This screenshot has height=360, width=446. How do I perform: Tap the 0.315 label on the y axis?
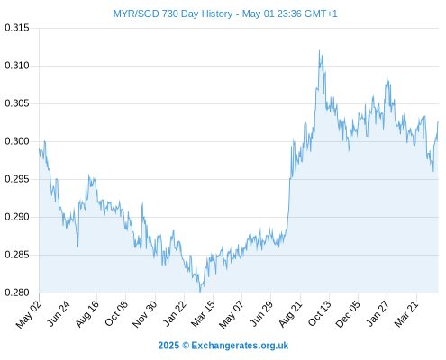tap(17, 28)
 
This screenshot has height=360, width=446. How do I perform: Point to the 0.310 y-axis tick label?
tap(17, 66)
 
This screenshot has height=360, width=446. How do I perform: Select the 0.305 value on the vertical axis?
tap(17, 103)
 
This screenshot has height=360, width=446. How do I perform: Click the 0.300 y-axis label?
tap(17, 141)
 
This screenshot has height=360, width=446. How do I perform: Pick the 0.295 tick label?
tap(17, 179)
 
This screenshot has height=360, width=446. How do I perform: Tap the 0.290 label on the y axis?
tap(17, 217)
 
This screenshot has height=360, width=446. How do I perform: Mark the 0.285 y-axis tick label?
tap(17, 255)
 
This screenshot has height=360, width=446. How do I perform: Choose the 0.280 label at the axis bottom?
tap(17, 292)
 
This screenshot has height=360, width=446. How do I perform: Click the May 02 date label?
tap(29, 314)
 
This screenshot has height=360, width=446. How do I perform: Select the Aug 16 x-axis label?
tap(87, 313)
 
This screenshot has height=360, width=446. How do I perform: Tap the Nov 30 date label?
tap(145, 314)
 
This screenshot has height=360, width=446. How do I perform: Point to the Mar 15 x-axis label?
tap(204, 313)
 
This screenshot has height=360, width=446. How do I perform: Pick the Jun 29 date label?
tap(261, 313)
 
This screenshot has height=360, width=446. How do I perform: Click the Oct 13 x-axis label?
tap(320, 313)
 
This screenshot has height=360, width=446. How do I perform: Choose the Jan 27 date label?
tap(378, 313)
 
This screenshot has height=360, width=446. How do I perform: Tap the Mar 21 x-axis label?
tap(406, 314)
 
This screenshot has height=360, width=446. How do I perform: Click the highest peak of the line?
tap(319, 50)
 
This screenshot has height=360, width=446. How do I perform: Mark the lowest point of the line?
tap(200, 292)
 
